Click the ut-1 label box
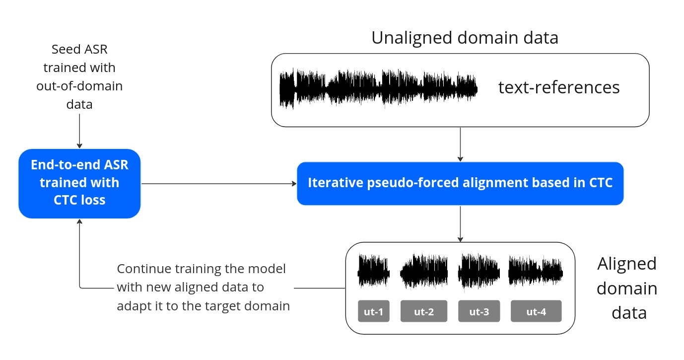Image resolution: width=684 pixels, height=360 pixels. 374,311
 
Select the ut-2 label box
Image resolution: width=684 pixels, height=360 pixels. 424,311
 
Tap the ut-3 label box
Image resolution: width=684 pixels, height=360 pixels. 479,311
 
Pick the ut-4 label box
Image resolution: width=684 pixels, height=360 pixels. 536,311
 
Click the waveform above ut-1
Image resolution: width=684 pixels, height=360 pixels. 374,272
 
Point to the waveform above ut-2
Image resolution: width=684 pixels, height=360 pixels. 424,272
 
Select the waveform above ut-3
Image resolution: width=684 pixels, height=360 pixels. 479,272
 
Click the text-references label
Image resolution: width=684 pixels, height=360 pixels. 559,87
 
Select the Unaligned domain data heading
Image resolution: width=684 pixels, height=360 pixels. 465,38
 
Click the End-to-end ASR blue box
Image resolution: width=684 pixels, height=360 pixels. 79,183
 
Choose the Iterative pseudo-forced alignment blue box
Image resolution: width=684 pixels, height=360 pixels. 460,183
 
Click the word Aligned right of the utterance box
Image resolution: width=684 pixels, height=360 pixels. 626,263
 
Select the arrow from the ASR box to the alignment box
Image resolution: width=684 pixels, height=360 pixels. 218,183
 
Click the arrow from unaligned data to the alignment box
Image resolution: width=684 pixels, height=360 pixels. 461,144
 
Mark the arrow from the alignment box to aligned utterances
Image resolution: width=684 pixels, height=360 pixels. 461,223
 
